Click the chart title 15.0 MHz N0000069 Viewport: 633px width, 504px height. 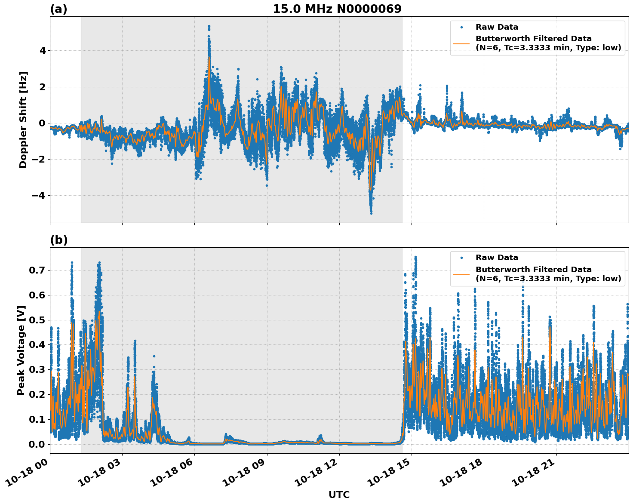click(x=337, y=9)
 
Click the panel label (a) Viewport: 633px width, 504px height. click(x=58, y=9)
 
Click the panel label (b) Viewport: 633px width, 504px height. click(x=58, y=240)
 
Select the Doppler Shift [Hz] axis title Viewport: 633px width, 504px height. click(x=23, y=120)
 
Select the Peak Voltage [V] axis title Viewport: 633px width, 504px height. click(x=21, y=350)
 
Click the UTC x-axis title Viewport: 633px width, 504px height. click(x=339, y=495)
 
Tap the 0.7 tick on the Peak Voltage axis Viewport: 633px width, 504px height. click(x=37, y=270)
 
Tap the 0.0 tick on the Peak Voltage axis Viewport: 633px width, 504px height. click(x=37, y=444)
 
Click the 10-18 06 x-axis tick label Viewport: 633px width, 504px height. click(x=172, y=475)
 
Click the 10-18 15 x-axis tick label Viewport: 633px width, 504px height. click(x=389, y=475)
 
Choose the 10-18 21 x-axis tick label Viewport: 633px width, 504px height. click(x=534, y=475)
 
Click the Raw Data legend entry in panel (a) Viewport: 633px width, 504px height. click(x=497, y=27)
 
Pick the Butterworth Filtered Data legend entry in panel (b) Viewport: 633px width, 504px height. click(x=548, y=274)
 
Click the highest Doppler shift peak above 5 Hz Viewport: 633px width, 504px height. click(x=209, y=26)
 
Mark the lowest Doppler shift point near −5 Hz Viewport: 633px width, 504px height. click(x=371, y=213)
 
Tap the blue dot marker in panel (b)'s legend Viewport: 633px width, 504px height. click(x=461, y=258)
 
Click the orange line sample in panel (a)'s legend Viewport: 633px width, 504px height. click(x=461, y=43)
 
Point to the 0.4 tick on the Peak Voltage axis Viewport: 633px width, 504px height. click(x=37, y=345)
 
